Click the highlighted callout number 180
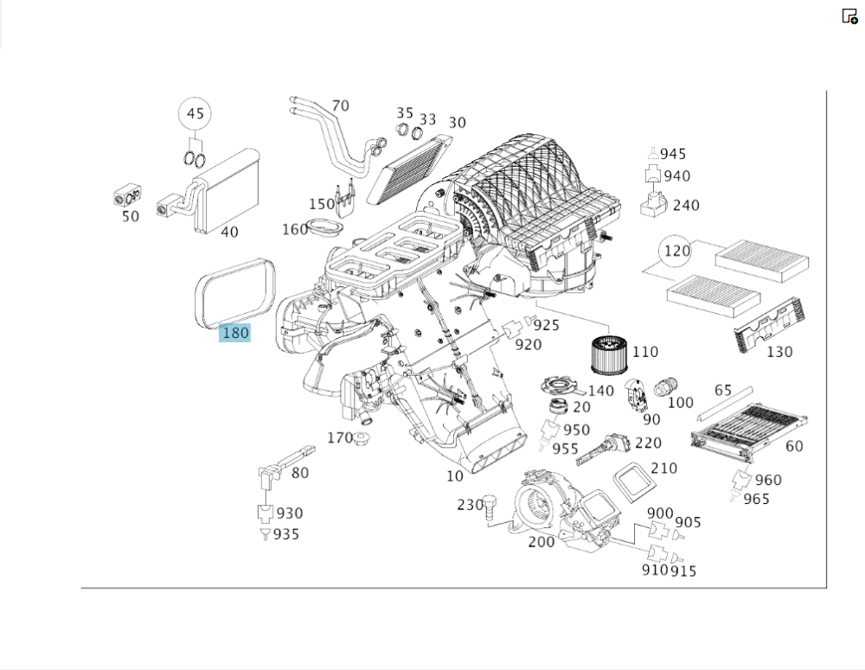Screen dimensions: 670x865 pos(234,333)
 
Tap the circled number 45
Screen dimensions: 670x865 pos(195,114)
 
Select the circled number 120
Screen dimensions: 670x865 pos(676,252)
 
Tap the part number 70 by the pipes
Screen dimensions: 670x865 pos(341,106)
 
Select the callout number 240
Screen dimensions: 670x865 pos(686,205)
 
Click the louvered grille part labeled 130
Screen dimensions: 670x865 pos(768,324)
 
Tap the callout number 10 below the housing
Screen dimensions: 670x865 pos(455,476)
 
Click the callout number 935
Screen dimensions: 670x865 pos(286,534)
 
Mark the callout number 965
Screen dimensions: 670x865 pos(755,499)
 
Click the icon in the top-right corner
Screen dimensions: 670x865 pos(849,16)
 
